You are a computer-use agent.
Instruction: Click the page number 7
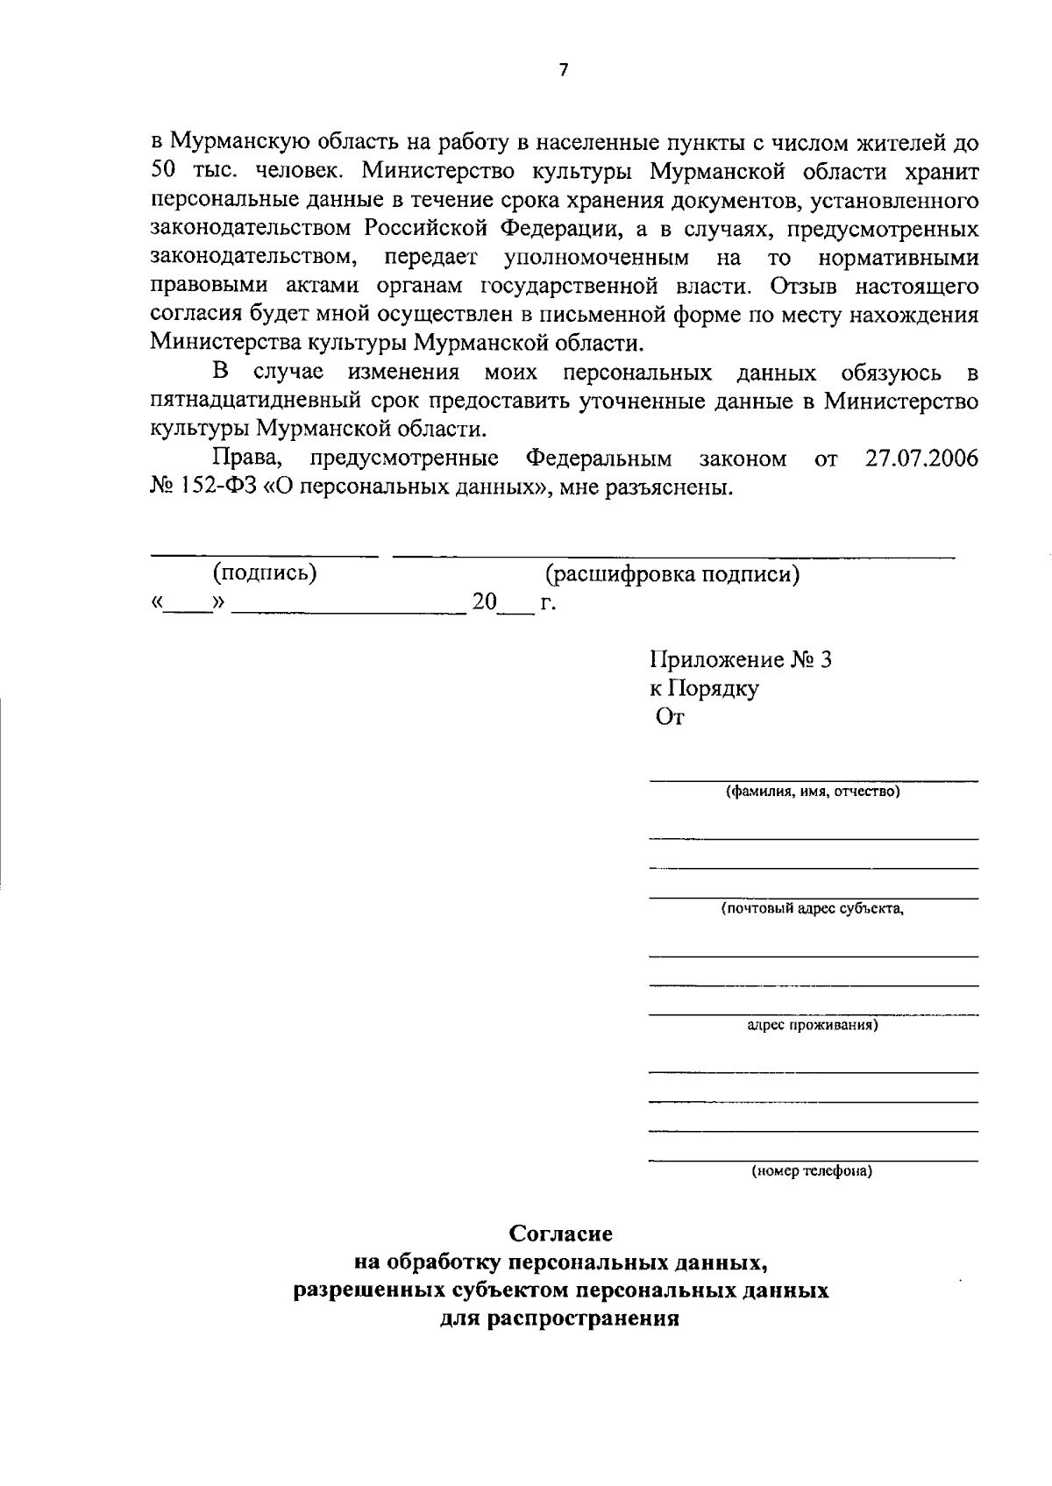(564, 71)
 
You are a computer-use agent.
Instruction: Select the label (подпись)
(264, 574)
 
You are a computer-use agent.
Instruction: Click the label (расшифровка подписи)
(672, 574)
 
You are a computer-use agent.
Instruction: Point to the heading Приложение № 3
(740, 659)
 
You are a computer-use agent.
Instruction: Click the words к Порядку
(704, 688)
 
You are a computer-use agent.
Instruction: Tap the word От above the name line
(671, 717)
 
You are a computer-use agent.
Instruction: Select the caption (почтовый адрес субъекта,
(813, 909)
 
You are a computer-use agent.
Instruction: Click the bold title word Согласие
(562, 1234)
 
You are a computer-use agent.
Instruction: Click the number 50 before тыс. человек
(164, 173)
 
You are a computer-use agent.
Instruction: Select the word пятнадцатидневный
(268, 402)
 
